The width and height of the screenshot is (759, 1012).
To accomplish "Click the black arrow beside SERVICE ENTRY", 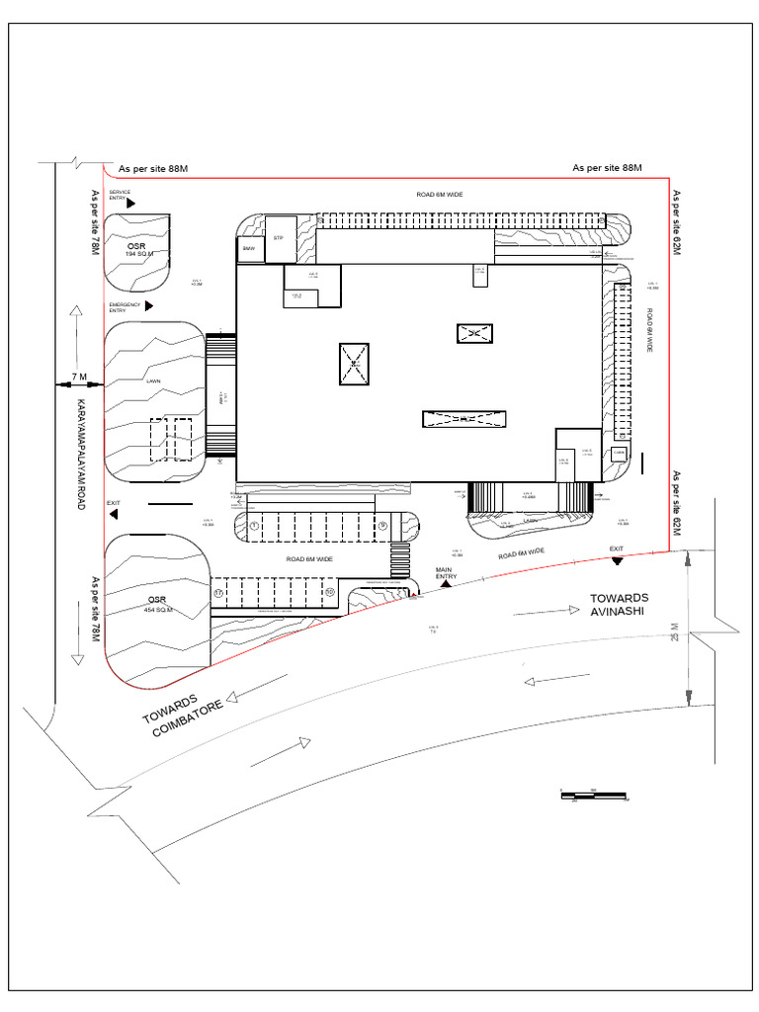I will (x=130, y=202).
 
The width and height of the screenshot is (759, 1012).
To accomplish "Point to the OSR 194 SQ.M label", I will (x=135, y=248).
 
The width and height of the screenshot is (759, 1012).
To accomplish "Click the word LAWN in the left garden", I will (x=153, y=379).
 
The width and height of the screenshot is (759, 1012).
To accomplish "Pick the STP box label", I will (x=279, y=238).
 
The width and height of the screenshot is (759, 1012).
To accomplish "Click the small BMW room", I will (x=249, y=249).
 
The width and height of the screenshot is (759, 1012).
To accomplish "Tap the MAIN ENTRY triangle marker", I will (x=446, y=584).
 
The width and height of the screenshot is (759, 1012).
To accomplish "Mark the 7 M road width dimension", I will (x=79, y=378).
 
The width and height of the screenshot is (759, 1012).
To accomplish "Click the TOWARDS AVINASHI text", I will (x=620, y=604).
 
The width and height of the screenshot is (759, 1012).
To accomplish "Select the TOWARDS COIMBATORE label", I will (x=183, y=716).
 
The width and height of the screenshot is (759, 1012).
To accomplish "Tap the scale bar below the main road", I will (x=594, y=793).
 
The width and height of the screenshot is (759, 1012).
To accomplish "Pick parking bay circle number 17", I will (x=219, y=592).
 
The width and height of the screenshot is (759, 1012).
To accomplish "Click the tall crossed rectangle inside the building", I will (x=354, y=364).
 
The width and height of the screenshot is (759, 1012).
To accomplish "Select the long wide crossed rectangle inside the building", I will (x=464, y=419).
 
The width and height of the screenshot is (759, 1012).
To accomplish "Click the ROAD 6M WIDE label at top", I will (x=439, y=195).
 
